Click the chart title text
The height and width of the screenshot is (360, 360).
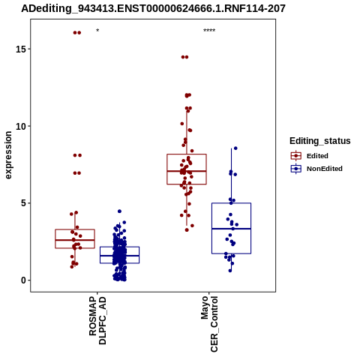pyautogui.click(x=153, y=8)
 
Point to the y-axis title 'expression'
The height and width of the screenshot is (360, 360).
pyautogui.click(x=8, y=155)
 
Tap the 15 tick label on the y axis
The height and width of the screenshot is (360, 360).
pyautogui.click(x=21, y=49)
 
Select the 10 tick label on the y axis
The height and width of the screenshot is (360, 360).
pyautogui.click(x=21, y=126)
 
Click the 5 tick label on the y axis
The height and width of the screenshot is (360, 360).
pyautogui.click(x=24, y=203)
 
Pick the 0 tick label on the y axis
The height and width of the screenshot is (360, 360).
pyautogui.click(x=24, y=280)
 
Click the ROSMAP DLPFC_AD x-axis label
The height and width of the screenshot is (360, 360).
pyautogui.click(x=97, y=321)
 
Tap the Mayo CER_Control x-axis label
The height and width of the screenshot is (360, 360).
pyautogui.click(x=209, y=324)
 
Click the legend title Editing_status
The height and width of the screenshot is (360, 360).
pyautogui.click(x=320, y=141)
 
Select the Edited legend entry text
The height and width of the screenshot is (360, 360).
pyautogui.click(x=317, y=156)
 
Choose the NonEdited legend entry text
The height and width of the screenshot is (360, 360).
pyautogui.click(x=325, y=169)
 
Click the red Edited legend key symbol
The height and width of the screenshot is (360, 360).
pyautogui.click(x=296, y=156)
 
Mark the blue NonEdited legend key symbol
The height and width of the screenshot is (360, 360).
pyautogui.click(x=296, y=169)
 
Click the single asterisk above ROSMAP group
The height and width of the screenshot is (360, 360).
pyautogui.click(x=97, y=31)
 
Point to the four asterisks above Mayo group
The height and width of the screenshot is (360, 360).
pyautogui.click(x=209, y=31)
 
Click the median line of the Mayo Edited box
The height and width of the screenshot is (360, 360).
pyautogui.click(x=187, y=171)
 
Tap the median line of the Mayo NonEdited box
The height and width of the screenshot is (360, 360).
pyautogui.click(x=231, y=229)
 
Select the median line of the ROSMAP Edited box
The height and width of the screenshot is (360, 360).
pyautogui.click(x=75, y=240)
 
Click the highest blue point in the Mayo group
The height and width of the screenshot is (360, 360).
pyautogui.click(x=235, y=148)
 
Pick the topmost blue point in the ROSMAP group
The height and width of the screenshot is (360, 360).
pyautogui.click(x=119, y=211)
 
